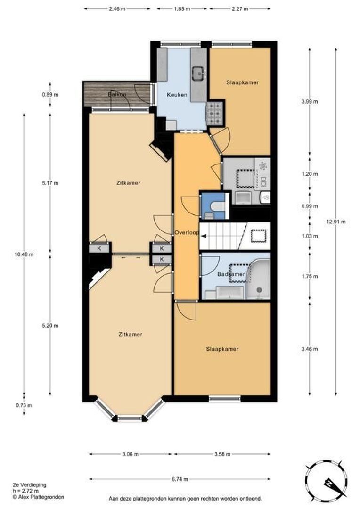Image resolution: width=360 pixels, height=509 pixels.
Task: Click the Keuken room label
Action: point(177,95)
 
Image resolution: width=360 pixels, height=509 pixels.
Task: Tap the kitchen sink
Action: point(197,74)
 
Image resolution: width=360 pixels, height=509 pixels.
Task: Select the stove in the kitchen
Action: point(214,113)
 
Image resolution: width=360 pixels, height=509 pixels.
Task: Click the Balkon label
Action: point(117,94)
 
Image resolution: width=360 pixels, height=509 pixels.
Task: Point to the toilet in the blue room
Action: point(215,206)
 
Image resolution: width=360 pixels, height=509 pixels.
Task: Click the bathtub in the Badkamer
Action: point(259,279)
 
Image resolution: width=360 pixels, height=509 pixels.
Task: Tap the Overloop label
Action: point(187,232)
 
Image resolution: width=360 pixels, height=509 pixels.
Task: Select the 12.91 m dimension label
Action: point(336,222)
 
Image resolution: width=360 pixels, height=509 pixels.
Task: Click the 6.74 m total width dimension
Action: point(180,479)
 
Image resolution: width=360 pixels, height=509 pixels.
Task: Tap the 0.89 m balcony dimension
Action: point(50,95)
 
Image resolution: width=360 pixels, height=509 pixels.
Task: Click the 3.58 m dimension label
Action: point(222,454)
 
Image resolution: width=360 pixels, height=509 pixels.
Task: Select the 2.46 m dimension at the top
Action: point(117,9)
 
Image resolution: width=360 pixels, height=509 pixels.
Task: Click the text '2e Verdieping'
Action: point(30,485)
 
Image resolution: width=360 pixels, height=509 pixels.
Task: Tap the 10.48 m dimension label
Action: point(24,254)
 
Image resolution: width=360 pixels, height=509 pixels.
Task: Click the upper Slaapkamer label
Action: point(243,82)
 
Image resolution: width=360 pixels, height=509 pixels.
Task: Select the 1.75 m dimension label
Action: point(310,276)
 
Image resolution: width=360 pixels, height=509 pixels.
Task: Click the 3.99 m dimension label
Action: point(310,101)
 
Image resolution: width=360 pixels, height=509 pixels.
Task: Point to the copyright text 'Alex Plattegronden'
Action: point(41,497)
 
